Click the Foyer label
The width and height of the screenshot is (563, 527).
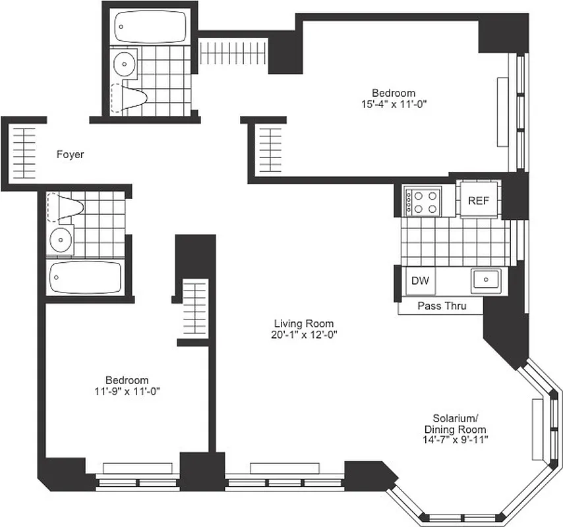tap(70, 155)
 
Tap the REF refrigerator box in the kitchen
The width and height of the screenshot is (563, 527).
tap(479, 201)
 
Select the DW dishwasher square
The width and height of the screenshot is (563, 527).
tap(420, 281)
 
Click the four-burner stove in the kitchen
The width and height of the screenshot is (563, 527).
tap(422, 202)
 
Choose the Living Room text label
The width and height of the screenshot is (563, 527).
tap(304, 323)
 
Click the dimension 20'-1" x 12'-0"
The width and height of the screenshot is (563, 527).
tap(304, 334)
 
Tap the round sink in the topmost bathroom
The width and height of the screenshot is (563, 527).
tap(123, 65)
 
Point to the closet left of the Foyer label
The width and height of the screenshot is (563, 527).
tap(24, 150)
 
